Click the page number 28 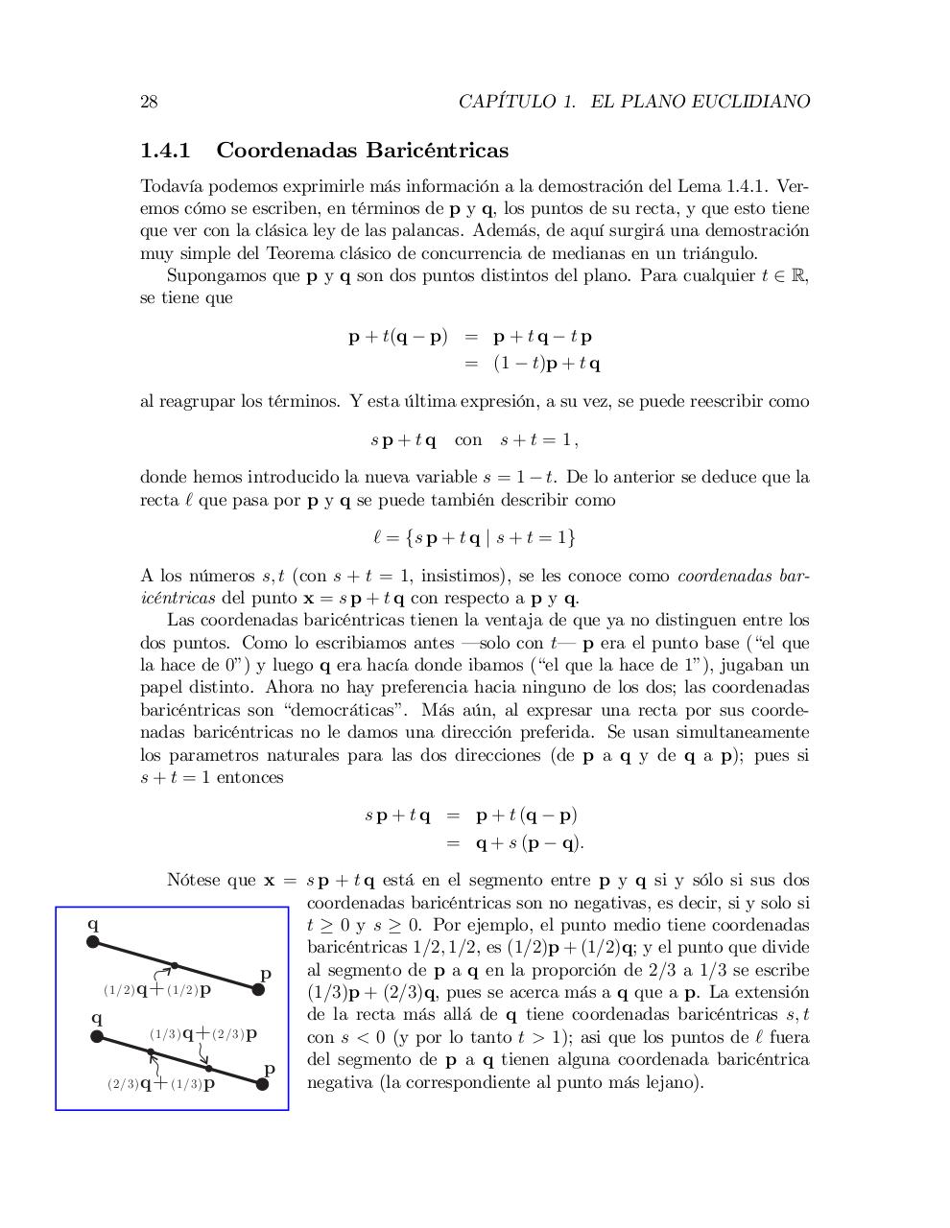pyautogui.click(x=149, y=102)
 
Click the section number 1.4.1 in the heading pyautogui.click(x=166, y=151)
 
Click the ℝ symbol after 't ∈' pyautogui.click(x=801, y=276)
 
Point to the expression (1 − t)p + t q pyautogui.click(x=547, y=364)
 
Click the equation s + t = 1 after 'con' pyautogui.click(x=538, y=440)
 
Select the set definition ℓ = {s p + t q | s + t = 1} pyautogui.click(x=474, y=537)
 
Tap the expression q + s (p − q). pyautogui.click(x=530, y=843)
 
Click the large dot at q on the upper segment pyautogui.click(x=93, y=942)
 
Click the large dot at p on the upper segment pyautogui.click(x=258, y=990)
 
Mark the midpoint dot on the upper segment pyautogui.click(x=174, y=965)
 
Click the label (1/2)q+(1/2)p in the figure pyautogui.click(x=157, y=989)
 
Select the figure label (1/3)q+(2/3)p pyautogui.click(x=202, y=1034)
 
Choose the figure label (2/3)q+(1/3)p pyautogui.click(x=161, y=1084)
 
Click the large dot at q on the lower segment pyautogui.click(x=97, y=1036)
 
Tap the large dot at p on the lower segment pyautogui.click(x=261, y=1084)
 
